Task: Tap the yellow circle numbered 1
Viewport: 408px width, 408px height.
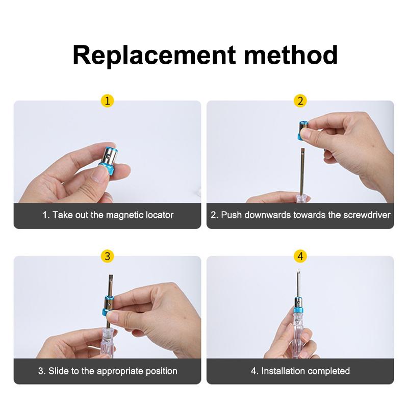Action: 107,101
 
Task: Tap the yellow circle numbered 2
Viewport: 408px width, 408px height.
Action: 300,101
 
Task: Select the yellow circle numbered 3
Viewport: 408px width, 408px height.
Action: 107,257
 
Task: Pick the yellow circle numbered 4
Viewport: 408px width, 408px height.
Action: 300,257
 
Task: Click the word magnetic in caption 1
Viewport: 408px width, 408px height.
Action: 125,215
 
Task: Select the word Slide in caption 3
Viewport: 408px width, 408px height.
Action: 58,371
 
